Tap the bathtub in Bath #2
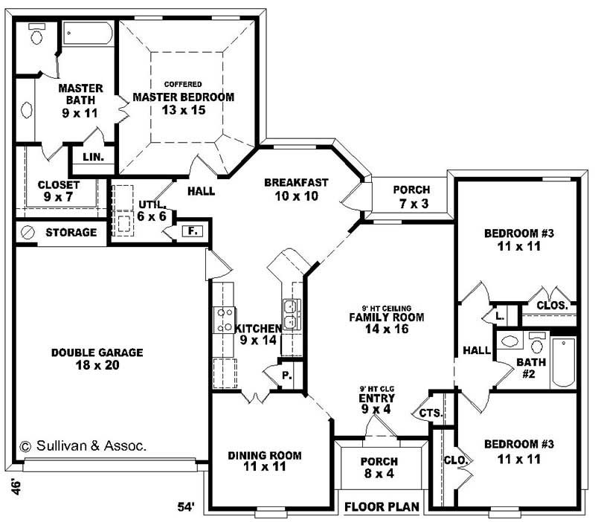pyautogui.click(x=563, y=362)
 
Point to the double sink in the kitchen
pyautogui.click(x=291, y=315)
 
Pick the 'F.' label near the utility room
pyautogui.click(x=192, y=231)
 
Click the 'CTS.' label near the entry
pyautogui.click(x=431, y=413)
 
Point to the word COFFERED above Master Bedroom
pyautogui.click(x=183, y=84)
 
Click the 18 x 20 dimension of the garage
pyautogui.click(x=97, y=365)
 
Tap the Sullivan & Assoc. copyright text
pyautogui.click(x=83, y=446)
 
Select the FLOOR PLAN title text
pyautogui.click(x=382, y=507)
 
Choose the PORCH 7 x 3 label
pyautogui.click(x=411, y=196)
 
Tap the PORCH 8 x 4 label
pyautogui.click(x=379, y=468)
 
